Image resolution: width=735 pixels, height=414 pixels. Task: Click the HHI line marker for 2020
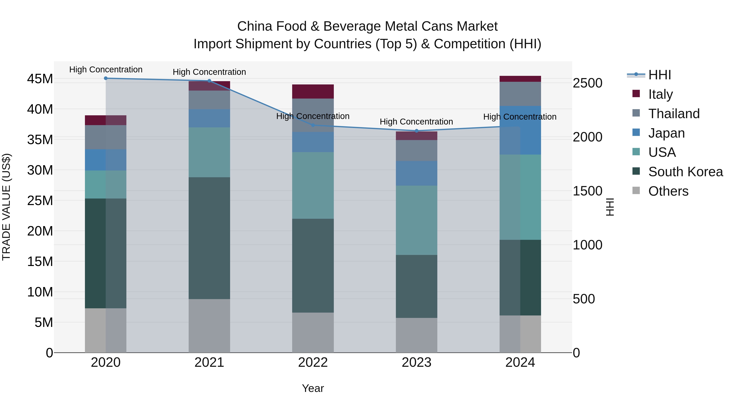(106, 78)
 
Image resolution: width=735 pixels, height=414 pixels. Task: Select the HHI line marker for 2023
(416, 131)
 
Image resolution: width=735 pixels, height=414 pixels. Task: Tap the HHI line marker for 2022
(313, 125)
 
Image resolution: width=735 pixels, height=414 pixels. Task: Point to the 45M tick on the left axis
(40, 79)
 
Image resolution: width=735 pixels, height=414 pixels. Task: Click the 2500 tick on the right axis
(587, 83)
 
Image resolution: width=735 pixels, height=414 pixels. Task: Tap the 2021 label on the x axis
(209, 362)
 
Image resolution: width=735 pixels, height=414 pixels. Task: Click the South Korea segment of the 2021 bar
(209, 238)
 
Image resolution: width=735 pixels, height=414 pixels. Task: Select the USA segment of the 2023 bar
(416, 220)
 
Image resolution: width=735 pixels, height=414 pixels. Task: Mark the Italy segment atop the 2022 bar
(313, 91)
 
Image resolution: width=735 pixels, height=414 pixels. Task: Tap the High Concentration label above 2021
(209, 72)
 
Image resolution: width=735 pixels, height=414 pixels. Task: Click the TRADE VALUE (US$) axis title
(6, 207)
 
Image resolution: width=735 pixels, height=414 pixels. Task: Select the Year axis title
(313, 388)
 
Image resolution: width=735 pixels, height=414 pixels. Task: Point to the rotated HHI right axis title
(609, 207)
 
